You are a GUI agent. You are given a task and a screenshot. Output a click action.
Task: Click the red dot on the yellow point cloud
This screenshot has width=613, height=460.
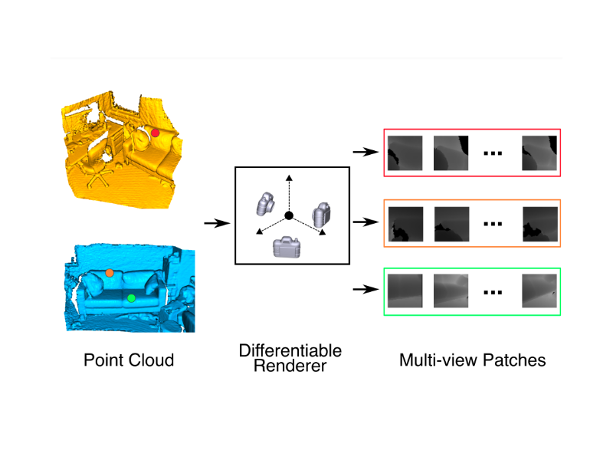click(155, 133)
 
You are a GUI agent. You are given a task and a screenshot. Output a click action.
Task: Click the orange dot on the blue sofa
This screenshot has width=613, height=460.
click(110, 272)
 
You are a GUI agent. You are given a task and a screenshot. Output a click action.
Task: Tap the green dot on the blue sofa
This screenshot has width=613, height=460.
click(131, 298)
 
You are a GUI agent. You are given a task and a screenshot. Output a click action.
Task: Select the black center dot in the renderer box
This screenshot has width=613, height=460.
click(289, 215)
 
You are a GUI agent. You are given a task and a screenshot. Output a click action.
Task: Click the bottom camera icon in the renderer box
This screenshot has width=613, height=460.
click(287, 246)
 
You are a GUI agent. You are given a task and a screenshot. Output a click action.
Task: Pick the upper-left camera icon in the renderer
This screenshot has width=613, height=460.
click(264, 204)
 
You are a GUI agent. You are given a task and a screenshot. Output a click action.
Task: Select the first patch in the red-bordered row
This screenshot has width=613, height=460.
click(405, 153)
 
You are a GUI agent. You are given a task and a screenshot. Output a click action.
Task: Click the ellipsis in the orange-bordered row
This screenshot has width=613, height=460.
click(493, 223)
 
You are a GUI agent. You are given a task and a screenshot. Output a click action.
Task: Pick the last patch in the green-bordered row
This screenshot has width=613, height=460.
click(539, 291)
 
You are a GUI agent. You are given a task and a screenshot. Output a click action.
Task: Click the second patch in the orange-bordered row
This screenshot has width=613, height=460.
click(452, 222)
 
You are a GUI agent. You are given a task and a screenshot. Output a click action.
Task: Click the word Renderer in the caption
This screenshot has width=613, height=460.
click(290, 366)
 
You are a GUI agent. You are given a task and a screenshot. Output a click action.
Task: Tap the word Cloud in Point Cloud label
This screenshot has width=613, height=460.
click(151, 360)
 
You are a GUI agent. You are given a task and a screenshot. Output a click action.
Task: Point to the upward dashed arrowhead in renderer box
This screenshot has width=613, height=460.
click(289, 178)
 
